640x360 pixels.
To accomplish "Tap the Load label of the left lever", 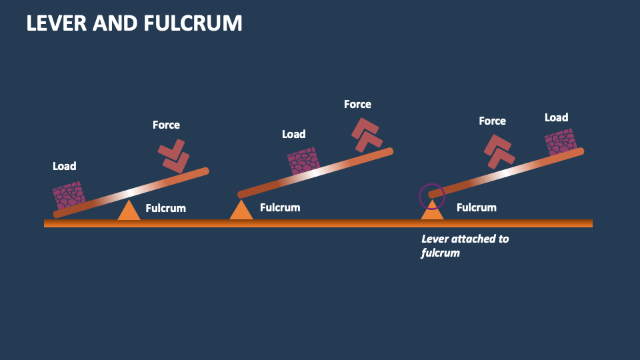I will click(x=65, y=166).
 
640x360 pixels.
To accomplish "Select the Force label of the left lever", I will click(x=166, y=125).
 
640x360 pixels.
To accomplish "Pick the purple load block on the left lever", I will click(x=69, y=195).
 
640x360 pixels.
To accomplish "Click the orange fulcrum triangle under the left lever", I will click(x=129, y=210).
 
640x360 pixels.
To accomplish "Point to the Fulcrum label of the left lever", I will click(x=165, y=209).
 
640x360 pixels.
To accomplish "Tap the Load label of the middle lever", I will click(x=293, y=134).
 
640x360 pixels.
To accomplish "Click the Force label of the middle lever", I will click(x=357, y=104).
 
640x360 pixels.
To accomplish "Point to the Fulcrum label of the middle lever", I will click(x=280, y=207).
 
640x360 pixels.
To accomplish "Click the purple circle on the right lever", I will click(x=431, y=196).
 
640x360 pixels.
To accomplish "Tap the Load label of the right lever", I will click(x=556, y=117).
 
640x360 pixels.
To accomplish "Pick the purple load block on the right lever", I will click(x=560, y=142).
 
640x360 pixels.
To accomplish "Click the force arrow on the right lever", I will click(x=498, y=151).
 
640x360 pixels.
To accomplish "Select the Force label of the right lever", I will click(x=492, y=121).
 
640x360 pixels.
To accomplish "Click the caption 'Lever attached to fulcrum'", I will click(x=465, y=245).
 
